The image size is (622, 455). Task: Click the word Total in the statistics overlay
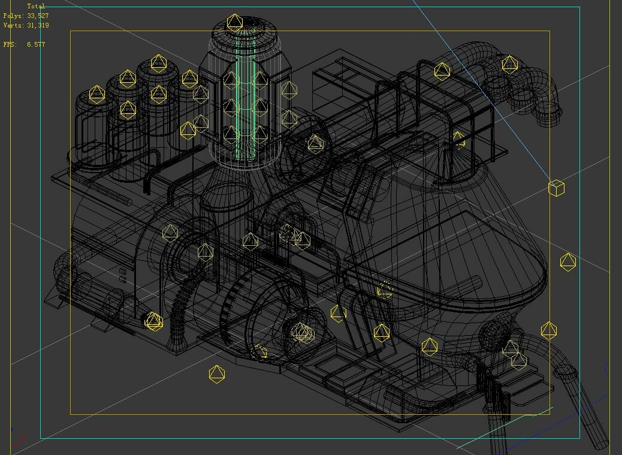point(36,7)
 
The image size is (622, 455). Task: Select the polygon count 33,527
point(38,16)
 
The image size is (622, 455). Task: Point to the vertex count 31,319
point(38,25)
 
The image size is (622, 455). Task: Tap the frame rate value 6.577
point(36,44)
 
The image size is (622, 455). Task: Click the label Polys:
point(14,16)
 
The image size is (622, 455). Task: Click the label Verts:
point(14,25)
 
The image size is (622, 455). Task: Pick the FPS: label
point(10,44)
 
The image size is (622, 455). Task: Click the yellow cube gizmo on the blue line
point(556,188)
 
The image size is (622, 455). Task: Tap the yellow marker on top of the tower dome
point(235,23)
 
